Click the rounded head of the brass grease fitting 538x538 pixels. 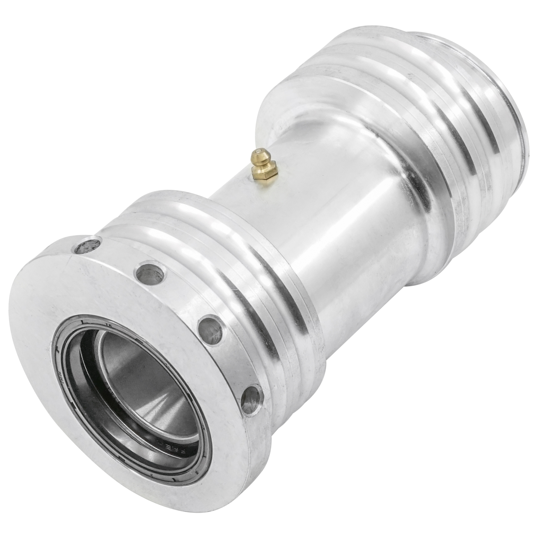click(259, 156)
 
